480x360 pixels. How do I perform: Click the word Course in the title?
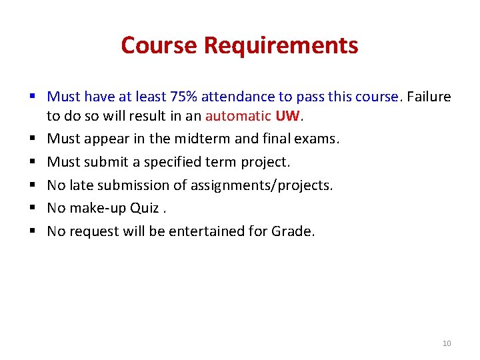tap(159, 45)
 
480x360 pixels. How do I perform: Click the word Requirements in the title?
tap(281, 45)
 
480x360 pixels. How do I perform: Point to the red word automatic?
tap(238, 116)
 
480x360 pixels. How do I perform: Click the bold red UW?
tap(288, 116)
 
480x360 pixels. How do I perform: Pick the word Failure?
tap(429, 97)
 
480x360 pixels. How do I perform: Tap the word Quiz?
tap(144, 208)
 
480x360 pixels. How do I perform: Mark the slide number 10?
tap(447, 343)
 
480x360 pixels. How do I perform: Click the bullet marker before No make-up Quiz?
tap(32, 208)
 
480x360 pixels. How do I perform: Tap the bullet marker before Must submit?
tap(32, 162)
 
